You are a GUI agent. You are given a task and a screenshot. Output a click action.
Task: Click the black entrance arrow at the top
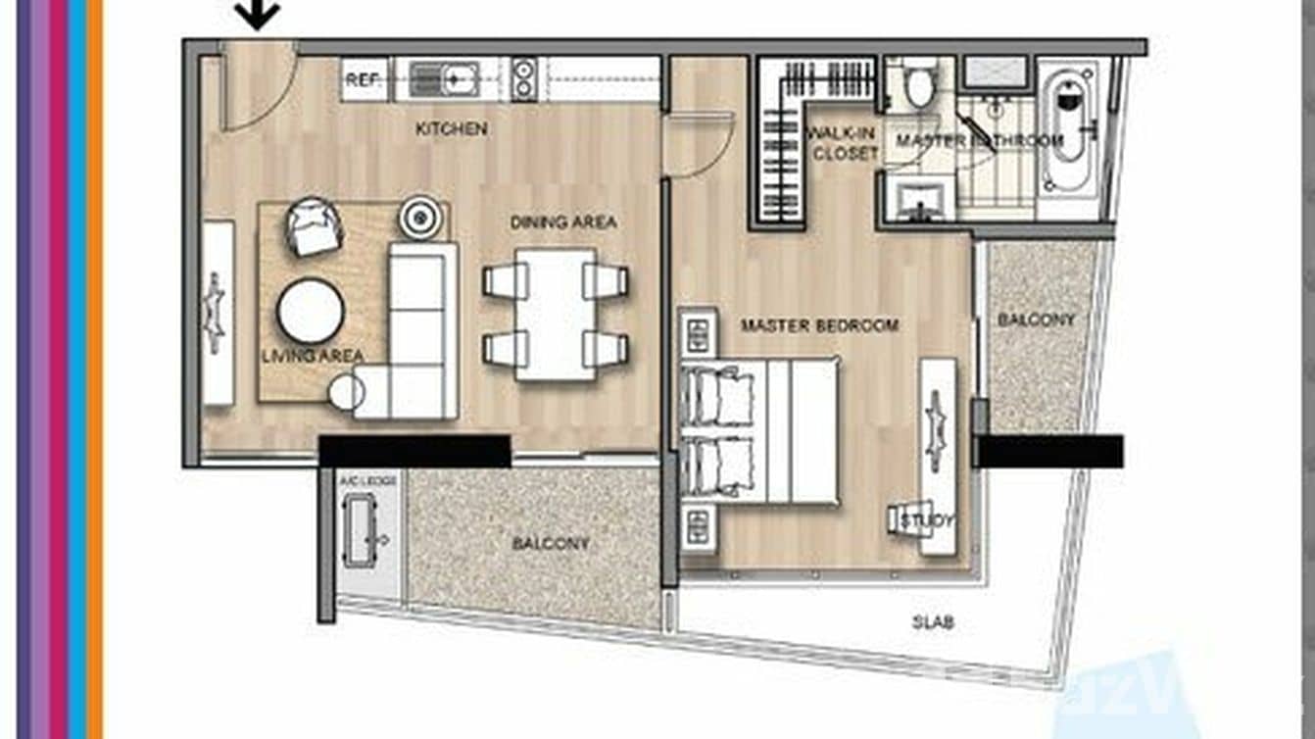[258, 15]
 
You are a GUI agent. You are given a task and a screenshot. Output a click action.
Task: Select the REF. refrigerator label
[363, 80]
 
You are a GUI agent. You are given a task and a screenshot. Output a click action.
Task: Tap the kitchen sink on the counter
[444, 78]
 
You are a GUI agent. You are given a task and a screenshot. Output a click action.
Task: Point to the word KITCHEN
[451, 128]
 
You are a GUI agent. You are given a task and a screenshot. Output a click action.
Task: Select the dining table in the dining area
[555, 314]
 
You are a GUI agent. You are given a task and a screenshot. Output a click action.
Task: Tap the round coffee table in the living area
[311, 312]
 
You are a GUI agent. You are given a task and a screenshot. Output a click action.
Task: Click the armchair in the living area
[315, 226]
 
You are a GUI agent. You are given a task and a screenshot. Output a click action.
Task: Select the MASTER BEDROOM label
[819, 325]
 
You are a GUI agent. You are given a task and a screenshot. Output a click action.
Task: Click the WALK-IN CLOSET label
[842, 143]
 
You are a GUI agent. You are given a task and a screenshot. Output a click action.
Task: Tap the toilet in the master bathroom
[920, 85]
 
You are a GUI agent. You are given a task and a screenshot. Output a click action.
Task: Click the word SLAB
[932, 622]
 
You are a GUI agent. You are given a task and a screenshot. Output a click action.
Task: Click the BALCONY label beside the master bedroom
[1036, 320]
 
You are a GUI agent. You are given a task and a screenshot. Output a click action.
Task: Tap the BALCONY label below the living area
[550, 543]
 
